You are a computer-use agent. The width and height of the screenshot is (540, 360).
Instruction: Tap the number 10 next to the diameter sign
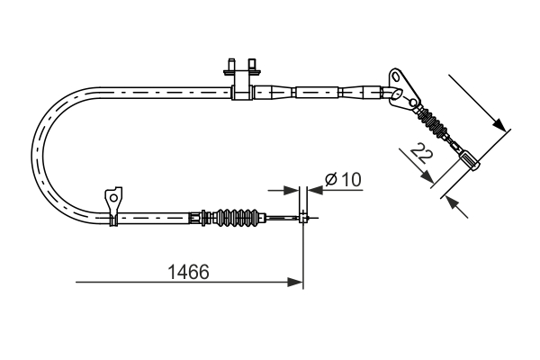(x=350, y=180)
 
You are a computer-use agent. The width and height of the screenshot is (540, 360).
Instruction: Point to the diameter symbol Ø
(x=329, y=180)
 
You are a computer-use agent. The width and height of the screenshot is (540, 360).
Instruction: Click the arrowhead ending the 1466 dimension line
(x=295, y=283)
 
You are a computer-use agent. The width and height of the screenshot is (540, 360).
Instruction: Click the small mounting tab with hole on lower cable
(x=112, y=197)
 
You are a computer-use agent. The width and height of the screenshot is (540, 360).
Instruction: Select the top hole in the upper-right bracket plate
(x=395, y=73)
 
